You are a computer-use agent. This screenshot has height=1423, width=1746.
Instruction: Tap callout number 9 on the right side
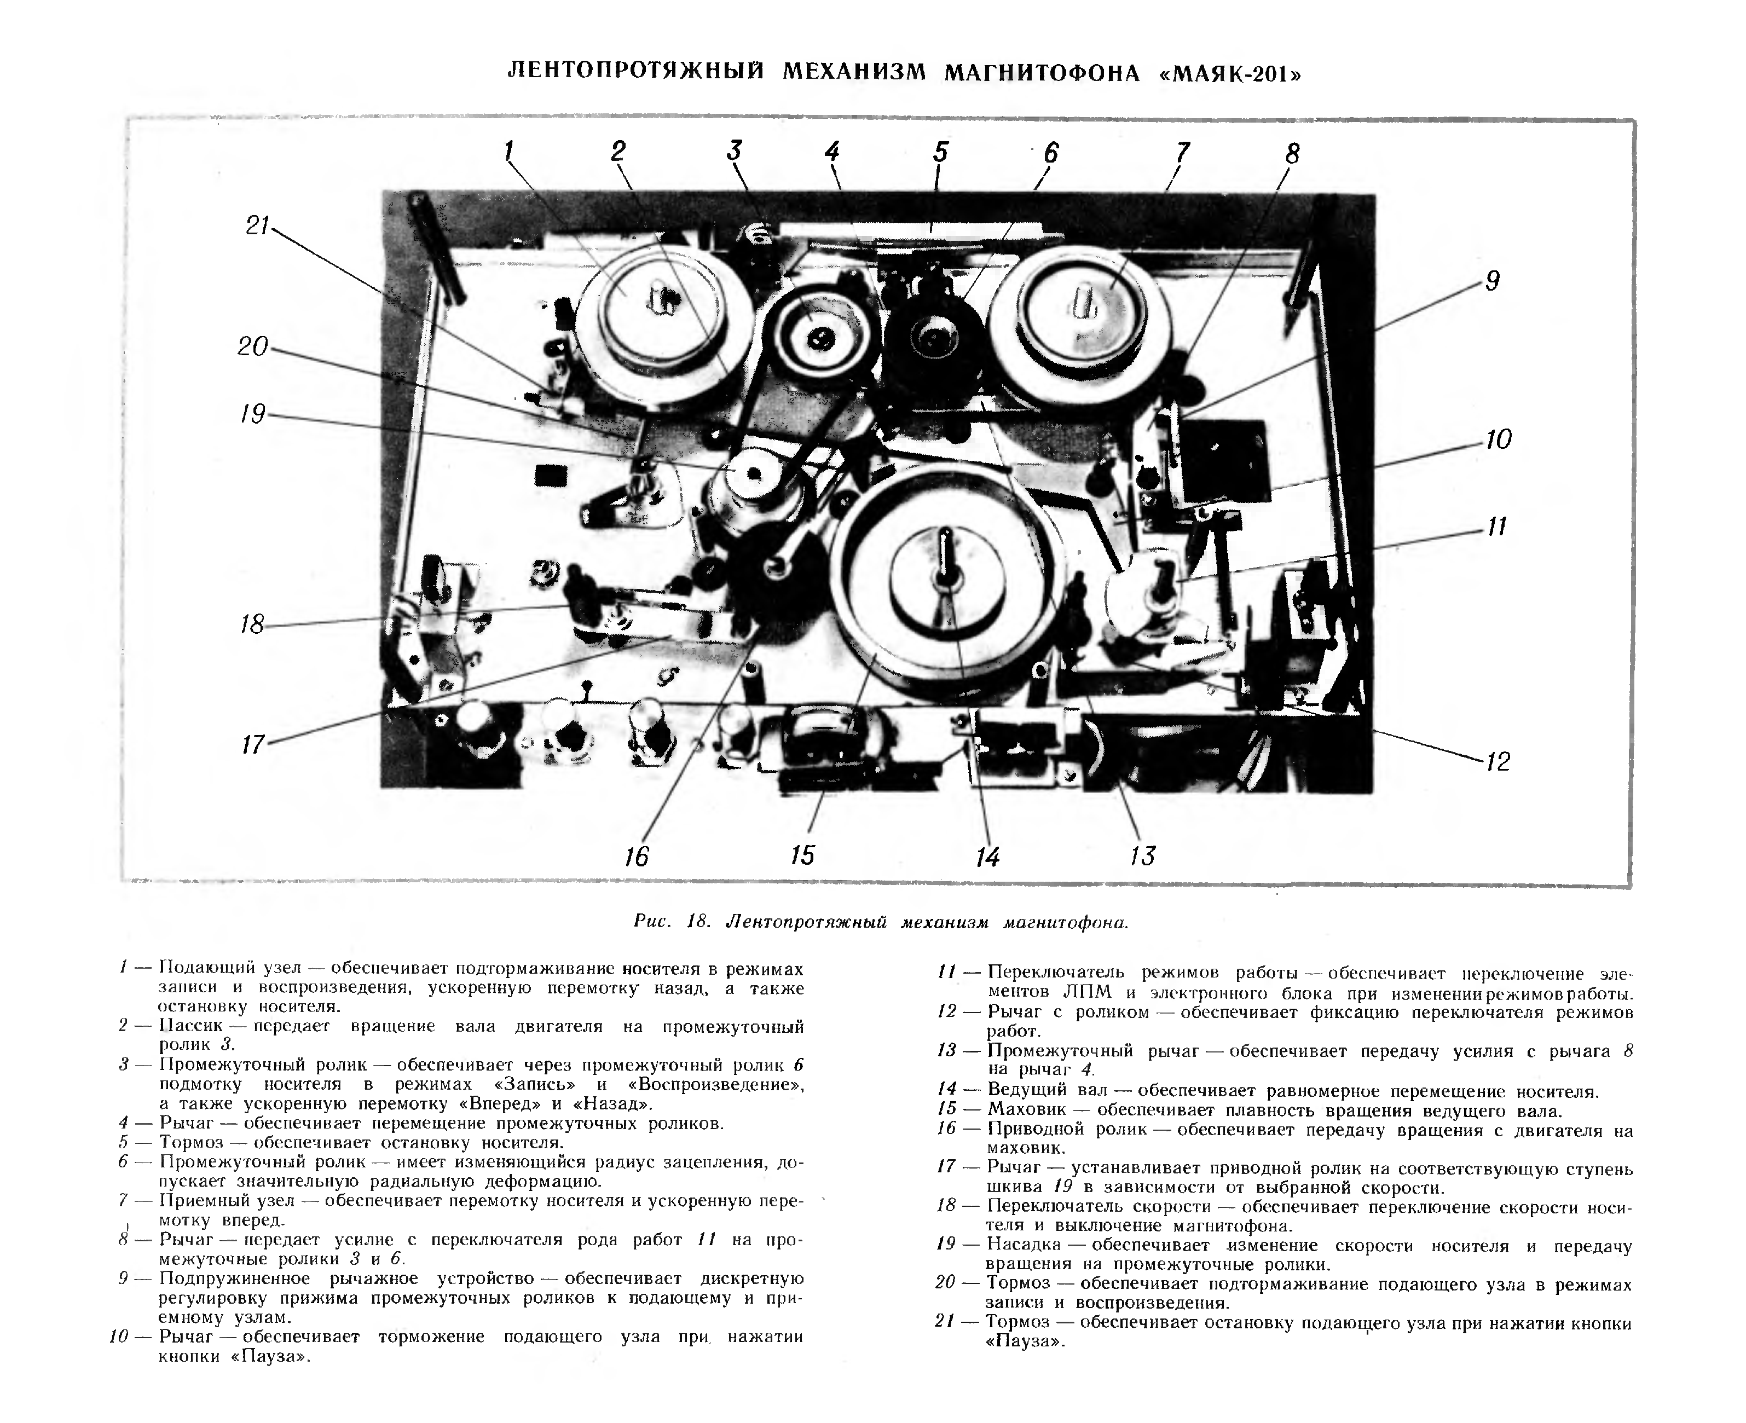(1492, 281)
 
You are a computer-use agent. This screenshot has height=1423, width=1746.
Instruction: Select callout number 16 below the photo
(636, 857)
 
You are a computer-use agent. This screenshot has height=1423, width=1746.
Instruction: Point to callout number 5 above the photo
(940, 153)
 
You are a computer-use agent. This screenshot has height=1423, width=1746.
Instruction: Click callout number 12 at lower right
(1497, 761)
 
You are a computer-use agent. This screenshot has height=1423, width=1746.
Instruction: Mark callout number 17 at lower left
(253, 744)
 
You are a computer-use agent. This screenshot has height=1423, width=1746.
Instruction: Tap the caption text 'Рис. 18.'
(670, 921)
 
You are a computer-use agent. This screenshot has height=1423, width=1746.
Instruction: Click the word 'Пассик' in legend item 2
(190, 1026)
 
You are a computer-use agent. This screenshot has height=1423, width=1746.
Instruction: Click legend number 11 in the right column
(947, 973)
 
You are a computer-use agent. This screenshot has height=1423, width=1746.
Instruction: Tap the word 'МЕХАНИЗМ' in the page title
(853, 74)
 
